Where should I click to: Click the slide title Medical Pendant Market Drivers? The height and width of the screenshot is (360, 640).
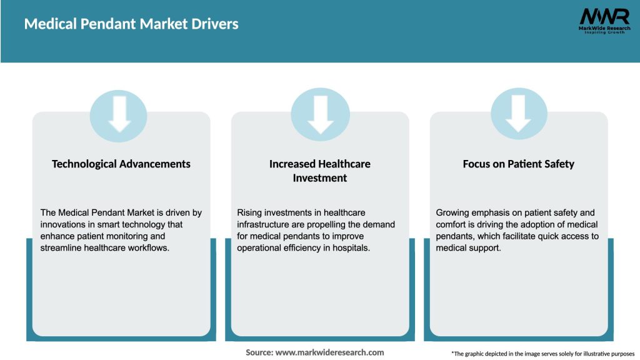(131, 24)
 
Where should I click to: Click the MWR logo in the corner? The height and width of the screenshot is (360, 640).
(604, 17)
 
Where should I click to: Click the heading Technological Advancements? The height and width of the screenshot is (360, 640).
(121, 164)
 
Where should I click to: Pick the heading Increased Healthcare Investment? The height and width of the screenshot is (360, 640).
(320, 171)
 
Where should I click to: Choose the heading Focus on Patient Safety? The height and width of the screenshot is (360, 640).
(519, 164)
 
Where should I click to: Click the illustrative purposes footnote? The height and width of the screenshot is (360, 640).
(542, 354)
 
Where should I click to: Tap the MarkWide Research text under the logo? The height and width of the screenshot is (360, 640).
(604, 28)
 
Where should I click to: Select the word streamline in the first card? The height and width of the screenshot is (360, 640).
(63, 248)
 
